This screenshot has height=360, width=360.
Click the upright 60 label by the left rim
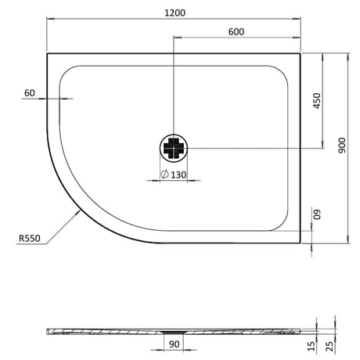[29, 93]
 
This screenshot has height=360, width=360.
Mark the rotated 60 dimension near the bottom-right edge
[317, 216]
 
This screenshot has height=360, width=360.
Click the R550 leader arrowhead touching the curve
[79, 214]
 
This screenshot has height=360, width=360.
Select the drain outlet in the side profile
[174, 331]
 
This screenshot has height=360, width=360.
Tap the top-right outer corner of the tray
[301, 53]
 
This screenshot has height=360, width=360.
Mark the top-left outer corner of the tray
[48, 53]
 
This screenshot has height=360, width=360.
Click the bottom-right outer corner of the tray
[301, 243]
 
